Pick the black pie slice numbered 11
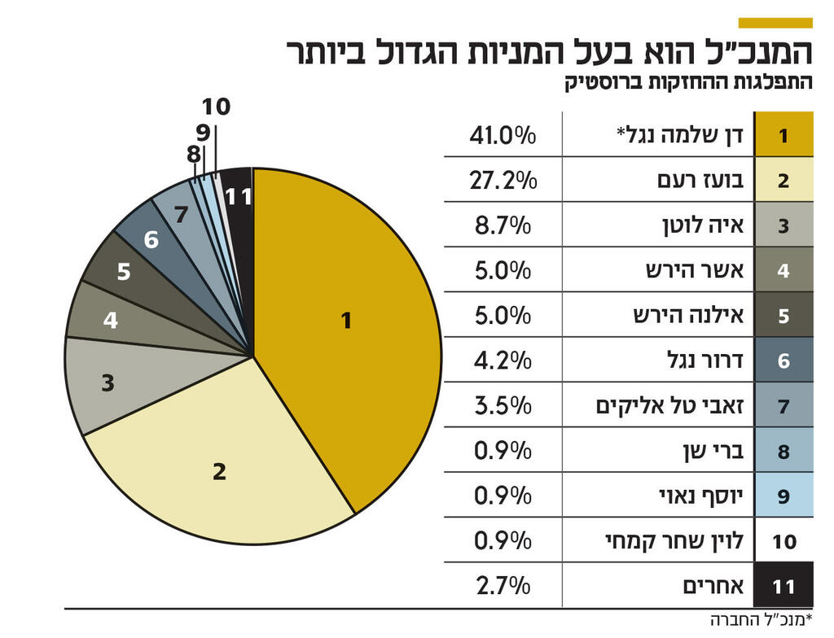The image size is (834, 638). (239, 196)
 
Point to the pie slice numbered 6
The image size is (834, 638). (151, 240)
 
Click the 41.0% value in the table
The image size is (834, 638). (503, 135)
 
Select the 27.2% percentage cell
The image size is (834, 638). (503, 180)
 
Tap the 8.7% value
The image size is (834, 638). (503, 225)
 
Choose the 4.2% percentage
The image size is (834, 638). (503, 360)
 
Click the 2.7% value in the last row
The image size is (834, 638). (503, 584)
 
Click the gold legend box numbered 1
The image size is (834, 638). (784, 135)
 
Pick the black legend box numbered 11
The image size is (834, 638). (784, 584)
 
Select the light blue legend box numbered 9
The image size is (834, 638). (784, 495)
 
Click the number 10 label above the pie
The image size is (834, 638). (216, 107)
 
